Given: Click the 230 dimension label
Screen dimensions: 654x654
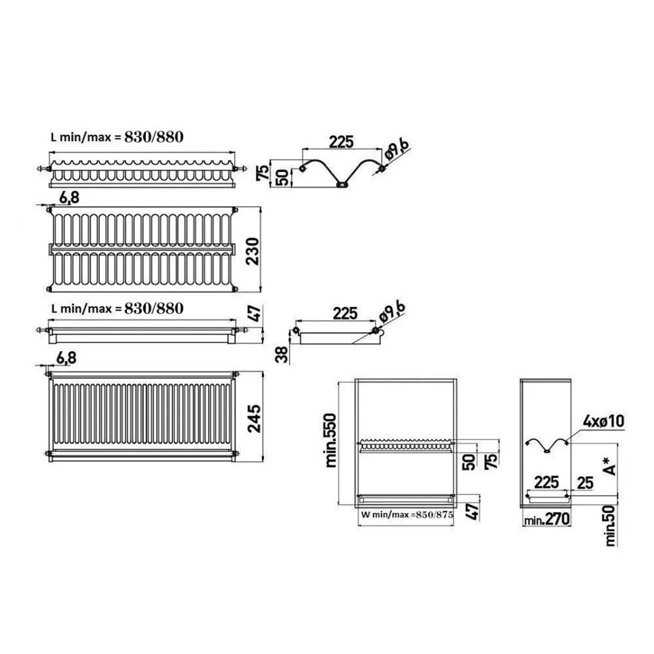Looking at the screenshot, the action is (x=253, y=251).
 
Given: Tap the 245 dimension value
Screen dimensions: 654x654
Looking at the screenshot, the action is (x=255, y=418).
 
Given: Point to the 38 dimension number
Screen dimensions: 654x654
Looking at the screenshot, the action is (x=282, y=354).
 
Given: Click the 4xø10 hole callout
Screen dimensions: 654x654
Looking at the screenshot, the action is (x=603, y=421).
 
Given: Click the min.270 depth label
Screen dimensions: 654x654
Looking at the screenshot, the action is (x=547, y=519).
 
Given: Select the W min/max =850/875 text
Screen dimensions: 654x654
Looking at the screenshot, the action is (x=407, y=514).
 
